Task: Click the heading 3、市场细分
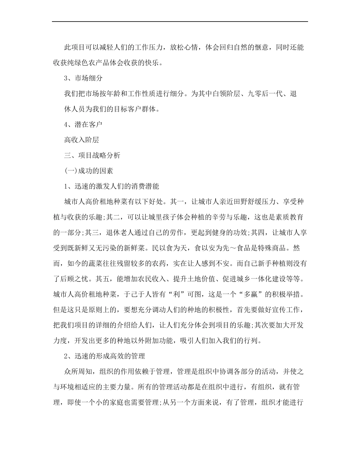point(82,78)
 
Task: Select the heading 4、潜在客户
point(82,125)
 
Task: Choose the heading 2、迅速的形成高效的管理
point(105,357)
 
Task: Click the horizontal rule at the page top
point(180,21)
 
